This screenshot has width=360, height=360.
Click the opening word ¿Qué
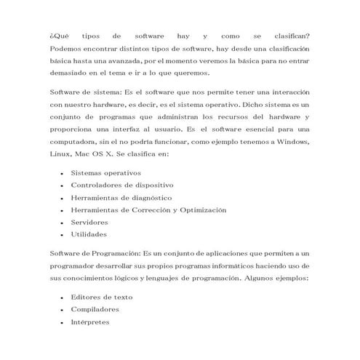[x=57, y=36]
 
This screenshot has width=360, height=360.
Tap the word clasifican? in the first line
[x=288, y=36]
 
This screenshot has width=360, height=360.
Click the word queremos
[x=191, y=73]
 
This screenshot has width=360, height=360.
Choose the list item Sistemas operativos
[x=105, y=172]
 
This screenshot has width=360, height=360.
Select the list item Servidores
[x=89, y=222]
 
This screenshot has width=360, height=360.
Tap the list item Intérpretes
[x=90, y=321]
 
